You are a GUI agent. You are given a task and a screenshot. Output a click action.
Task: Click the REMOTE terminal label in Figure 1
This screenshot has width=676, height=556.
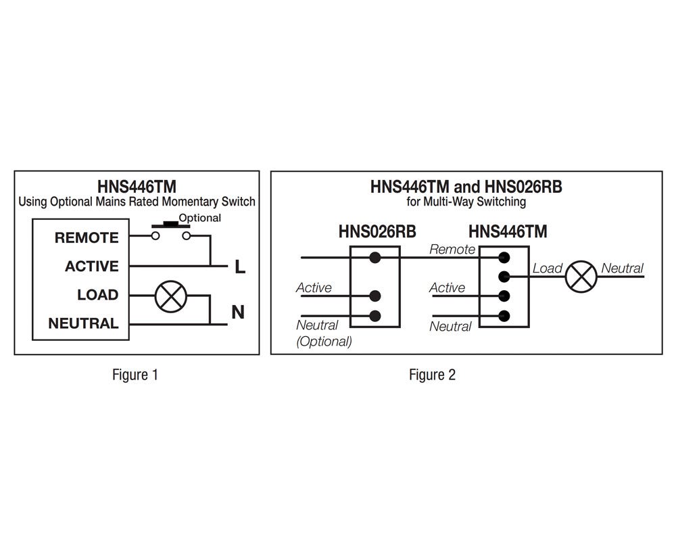click(x=87, y=237)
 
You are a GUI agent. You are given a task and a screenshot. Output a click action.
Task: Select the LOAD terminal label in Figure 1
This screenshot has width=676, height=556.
click(x=98, y=295)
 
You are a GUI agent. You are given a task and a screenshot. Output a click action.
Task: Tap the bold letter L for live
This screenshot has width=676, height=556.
click(x=240, y=267)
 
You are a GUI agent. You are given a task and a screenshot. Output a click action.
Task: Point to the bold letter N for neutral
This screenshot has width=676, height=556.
click(x=238, y=312)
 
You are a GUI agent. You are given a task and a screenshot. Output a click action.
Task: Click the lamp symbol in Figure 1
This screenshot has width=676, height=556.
click(x=171, y=296)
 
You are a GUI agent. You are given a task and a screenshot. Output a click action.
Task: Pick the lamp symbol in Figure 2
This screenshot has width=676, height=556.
click(x=581, y=277)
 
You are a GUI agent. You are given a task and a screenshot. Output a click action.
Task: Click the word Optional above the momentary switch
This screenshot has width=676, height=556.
click(x=200, y=218)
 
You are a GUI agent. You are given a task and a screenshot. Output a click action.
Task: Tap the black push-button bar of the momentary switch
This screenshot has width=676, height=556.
click(x=171, y=225)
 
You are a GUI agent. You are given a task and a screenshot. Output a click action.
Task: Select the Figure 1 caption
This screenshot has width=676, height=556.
click(x=135, y=375)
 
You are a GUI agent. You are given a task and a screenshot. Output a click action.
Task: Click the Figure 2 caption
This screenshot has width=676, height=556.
click(x=432, y=375)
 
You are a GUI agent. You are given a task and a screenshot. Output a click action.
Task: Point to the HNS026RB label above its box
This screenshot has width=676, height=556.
click(x=377, y=231)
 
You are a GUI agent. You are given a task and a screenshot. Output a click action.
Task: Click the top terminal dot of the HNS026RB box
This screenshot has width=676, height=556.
click(x=375, y=258)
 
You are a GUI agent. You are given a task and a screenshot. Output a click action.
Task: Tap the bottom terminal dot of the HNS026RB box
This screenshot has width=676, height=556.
click(x=375, y=316)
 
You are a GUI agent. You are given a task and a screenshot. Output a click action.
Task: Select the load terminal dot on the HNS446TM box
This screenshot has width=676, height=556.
click(x=504, y=277)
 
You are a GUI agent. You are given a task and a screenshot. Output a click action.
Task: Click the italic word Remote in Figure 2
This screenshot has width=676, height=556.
click(x=452, y=250)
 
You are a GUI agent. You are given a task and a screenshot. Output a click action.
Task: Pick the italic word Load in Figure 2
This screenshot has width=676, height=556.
click(x=548, y=269)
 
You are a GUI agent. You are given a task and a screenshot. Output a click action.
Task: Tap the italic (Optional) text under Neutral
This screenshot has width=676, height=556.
click(x=324, y=341)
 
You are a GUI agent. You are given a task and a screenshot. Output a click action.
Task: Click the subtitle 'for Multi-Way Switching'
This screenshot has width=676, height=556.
click(x=466, y=202)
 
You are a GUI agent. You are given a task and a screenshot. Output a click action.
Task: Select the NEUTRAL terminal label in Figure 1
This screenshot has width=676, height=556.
click(x=84, y=323)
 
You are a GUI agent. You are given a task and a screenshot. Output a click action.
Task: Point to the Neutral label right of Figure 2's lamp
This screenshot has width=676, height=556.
click(x=622, y=269)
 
